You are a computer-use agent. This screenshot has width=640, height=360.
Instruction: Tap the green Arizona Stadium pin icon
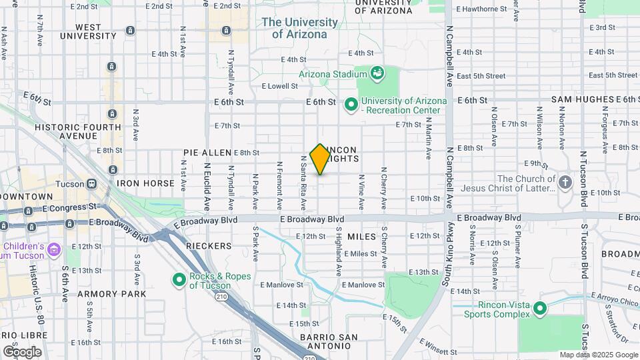[377, 73]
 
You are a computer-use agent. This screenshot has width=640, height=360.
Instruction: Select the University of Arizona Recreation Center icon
[351, 105]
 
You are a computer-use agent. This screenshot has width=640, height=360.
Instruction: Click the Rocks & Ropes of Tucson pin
[179, 281]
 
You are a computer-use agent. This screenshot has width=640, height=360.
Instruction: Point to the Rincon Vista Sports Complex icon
[540, 309]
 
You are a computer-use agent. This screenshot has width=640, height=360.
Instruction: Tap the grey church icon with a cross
[565, 182]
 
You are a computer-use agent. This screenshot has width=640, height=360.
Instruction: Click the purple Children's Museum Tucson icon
[54, 251]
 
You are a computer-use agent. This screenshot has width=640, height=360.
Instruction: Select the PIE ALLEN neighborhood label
[207, 153]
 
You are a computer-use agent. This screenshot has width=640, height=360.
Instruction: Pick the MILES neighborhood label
[361, 237]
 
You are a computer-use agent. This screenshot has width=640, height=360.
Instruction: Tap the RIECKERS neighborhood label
[208, 246]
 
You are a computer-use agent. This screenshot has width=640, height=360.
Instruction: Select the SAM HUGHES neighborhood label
[582, 99]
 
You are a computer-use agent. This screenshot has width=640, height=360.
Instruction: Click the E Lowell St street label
[279, 86]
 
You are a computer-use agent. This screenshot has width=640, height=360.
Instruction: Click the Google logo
[22, 351]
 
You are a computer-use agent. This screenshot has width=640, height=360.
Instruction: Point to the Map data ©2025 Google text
[599, 355]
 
